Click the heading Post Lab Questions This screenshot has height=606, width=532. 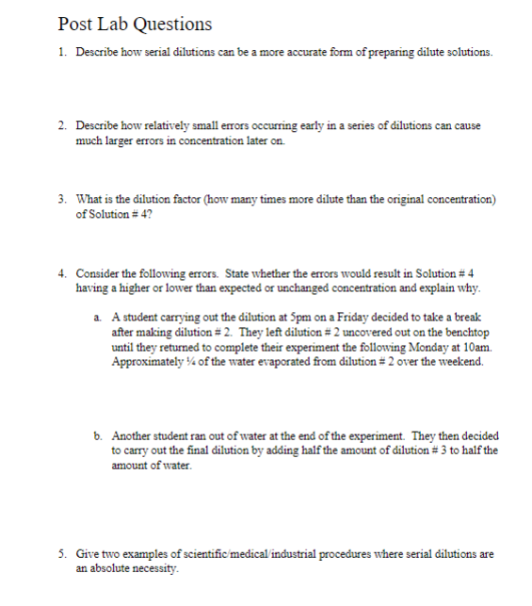134,25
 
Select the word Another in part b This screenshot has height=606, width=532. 133,436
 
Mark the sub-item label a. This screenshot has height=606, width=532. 97,319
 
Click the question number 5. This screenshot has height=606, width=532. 61,554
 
